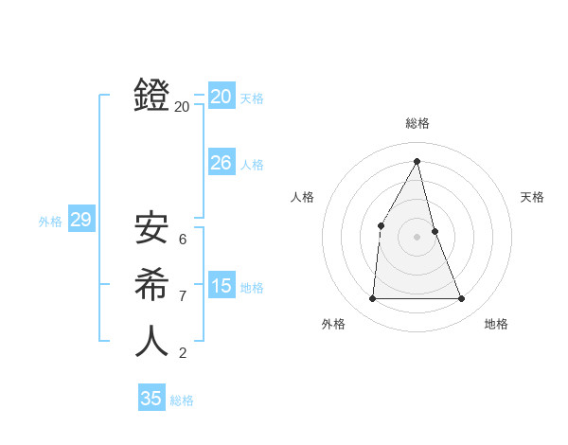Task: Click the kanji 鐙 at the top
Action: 151,95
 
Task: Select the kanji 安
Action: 151,228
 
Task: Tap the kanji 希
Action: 151,284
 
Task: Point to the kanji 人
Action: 151,340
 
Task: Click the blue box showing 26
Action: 222,163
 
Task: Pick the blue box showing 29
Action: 80,221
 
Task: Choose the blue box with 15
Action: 222,286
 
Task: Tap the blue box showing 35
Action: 151,399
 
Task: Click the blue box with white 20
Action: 222,97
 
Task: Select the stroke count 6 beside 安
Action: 182,240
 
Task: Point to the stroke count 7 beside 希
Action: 182,296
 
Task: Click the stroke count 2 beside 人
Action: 182,353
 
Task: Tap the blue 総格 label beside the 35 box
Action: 182,400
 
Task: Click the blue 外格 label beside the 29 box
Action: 50,222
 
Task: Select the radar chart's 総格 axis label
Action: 417,123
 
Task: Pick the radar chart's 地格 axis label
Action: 496,324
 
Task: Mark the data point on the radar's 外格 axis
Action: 372,299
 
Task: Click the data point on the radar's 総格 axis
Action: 417,161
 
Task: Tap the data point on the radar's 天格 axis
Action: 435,231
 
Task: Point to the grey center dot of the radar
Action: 417,237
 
